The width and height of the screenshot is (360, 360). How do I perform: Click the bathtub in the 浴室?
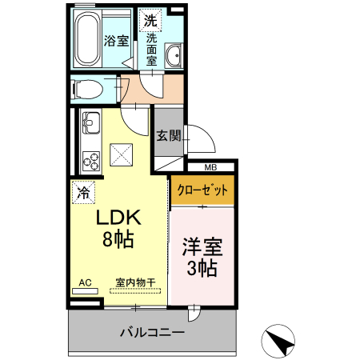(87, 40)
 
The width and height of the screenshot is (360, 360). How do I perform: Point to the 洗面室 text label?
(151, 49)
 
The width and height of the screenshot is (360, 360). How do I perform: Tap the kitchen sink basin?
(90, 125)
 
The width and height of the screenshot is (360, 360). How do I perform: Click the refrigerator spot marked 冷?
(83, 191)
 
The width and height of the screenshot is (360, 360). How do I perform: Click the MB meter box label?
(210, 168)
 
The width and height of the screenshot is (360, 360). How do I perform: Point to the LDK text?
(118, 218)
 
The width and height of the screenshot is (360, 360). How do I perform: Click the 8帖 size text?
(118, 238)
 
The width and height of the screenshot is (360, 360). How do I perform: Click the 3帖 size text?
(202, 269)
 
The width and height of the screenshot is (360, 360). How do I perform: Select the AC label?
(85, 282)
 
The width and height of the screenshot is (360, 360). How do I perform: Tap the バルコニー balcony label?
(152, 332)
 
